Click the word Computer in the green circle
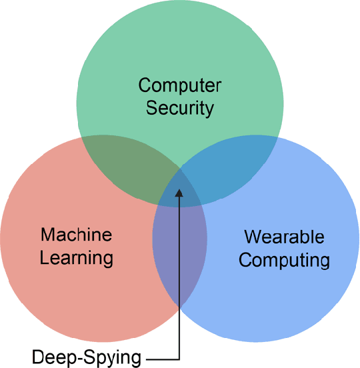click(180, 86)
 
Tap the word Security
click(180, 107)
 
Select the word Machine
click(76, 235)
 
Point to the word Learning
click(76, 257)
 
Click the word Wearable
click(284, 237)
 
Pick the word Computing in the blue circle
click(284, 259)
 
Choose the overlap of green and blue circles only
click(233, 167)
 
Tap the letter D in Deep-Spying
click(37, 357)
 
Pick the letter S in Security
click(151, 107)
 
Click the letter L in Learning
click(44, 257)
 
